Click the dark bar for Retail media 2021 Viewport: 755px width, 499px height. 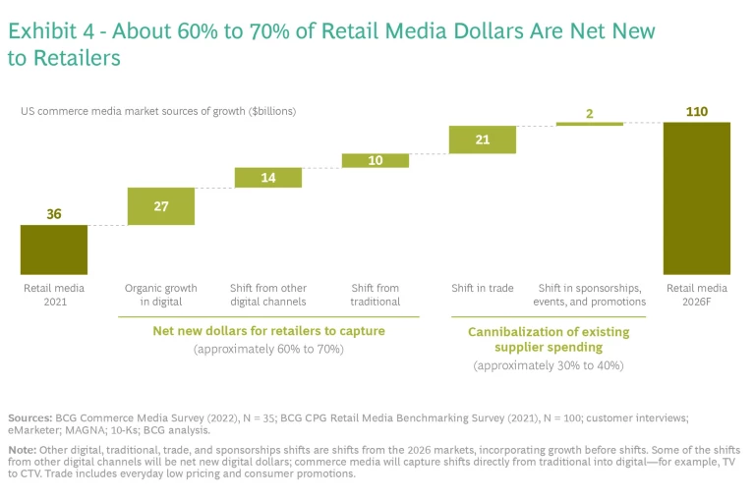pos(54,249)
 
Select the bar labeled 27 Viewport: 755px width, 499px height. pos(161,206)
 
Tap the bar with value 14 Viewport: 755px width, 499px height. pos(268,178)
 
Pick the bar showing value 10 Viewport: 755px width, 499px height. pos(376,160)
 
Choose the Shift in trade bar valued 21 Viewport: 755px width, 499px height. pos(482,139)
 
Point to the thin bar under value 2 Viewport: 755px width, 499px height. pos(589,124)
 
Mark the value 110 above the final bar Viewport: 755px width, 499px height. pos(696,112)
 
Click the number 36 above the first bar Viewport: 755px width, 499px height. pos(54,214)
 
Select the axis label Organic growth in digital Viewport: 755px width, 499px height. pos(161,295)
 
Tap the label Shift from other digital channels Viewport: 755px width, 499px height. pos(268,295)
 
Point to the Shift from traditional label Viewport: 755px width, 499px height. pos(376,295)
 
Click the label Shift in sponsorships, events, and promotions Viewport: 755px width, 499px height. pos(589,295)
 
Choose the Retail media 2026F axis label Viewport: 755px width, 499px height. pos(696,295)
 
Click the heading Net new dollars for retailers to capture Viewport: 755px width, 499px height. pos(268,331)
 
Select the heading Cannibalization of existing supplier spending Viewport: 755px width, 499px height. pos(548,339)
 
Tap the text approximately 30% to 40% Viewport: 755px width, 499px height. pos(548,365)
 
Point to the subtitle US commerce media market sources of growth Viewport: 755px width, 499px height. pos(158,111)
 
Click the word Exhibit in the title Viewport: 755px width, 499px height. pos(40,31)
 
